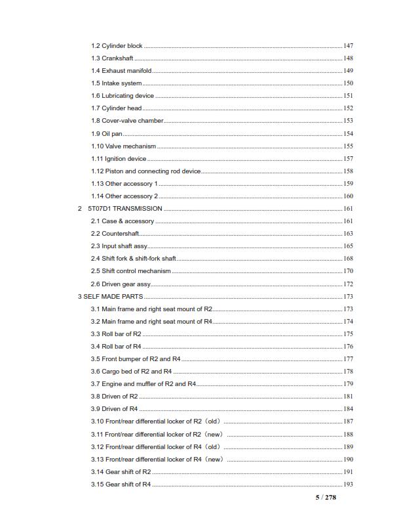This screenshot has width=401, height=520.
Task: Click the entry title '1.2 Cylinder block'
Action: (117, 46)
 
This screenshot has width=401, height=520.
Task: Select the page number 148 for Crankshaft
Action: (348, 58)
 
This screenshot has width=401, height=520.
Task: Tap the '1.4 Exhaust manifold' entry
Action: (121, 71)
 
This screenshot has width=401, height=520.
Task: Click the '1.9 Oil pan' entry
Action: (107, 133)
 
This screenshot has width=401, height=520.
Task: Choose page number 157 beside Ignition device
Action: (348, 159)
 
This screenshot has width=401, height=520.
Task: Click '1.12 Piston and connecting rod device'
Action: (145, 171)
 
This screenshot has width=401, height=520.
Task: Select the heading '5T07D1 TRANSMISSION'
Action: (124, 209)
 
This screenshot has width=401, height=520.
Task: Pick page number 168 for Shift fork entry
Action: (348, 259)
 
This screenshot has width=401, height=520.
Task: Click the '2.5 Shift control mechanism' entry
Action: (130, 271)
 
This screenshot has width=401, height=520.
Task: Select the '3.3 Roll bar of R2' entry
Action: (116, 334)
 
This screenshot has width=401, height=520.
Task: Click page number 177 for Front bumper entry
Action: (348, 359)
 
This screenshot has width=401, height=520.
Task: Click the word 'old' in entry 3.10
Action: (212, 422)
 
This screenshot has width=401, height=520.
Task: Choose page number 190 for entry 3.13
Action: (348, 460)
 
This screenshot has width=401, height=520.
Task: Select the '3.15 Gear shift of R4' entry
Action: (121, 485)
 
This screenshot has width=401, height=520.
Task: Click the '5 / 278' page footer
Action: (326, 498)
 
